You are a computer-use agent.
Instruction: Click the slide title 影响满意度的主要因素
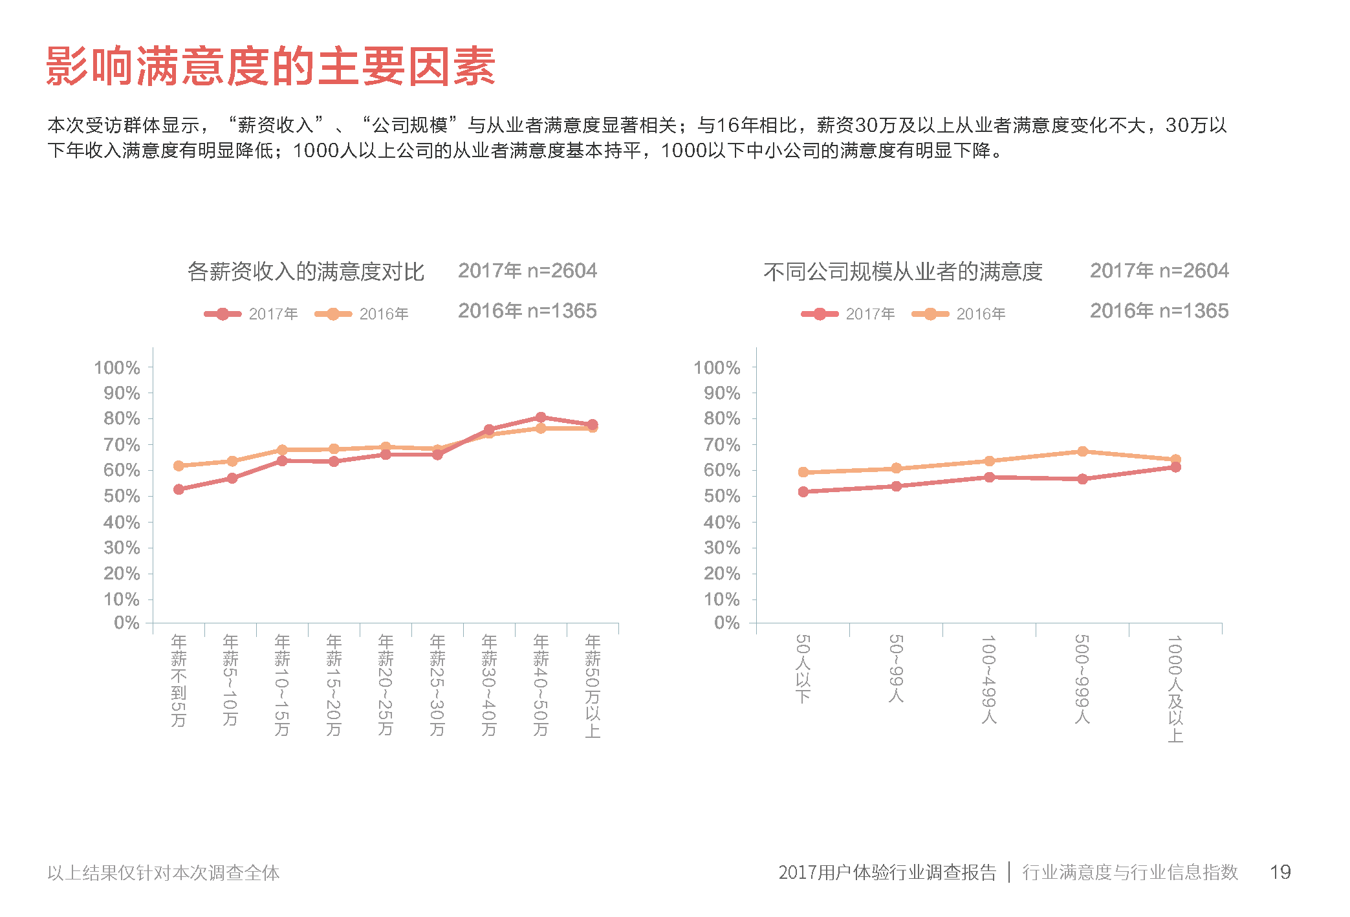coord(270,67)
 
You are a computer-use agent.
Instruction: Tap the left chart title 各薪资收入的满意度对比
coord(305,272)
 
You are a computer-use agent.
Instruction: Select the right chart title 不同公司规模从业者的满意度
coord(902,272)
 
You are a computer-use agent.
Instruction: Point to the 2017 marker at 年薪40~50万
coord(541,417)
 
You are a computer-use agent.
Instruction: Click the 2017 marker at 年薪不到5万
coord(179,490)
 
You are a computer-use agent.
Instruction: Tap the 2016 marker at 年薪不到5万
coord(179,466)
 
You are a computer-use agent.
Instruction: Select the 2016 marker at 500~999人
coord(1082,451)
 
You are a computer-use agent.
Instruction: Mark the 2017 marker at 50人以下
coord(803,491)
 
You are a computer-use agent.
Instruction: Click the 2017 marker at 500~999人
coord(1082,479)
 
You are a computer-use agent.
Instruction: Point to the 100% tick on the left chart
coord(117,368)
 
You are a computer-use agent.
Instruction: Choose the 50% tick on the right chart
coord(722,496)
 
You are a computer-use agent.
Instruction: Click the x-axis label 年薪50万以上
coord(593,685)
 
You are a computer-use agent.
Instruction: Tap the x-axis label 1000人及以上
coord(1175,689)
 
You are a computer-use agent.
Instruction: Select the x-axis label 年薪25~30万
coord(437,685)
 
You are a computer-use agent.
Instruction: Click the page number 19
coord(1280,872)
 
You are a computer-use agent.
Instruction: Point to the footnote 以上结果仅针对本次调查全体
coord(164,873)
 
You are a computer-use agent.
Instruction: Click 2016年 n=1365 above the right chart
coord(1159,311)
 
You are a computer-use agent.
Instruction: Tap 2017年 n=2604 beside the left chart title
coord(527,271)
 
